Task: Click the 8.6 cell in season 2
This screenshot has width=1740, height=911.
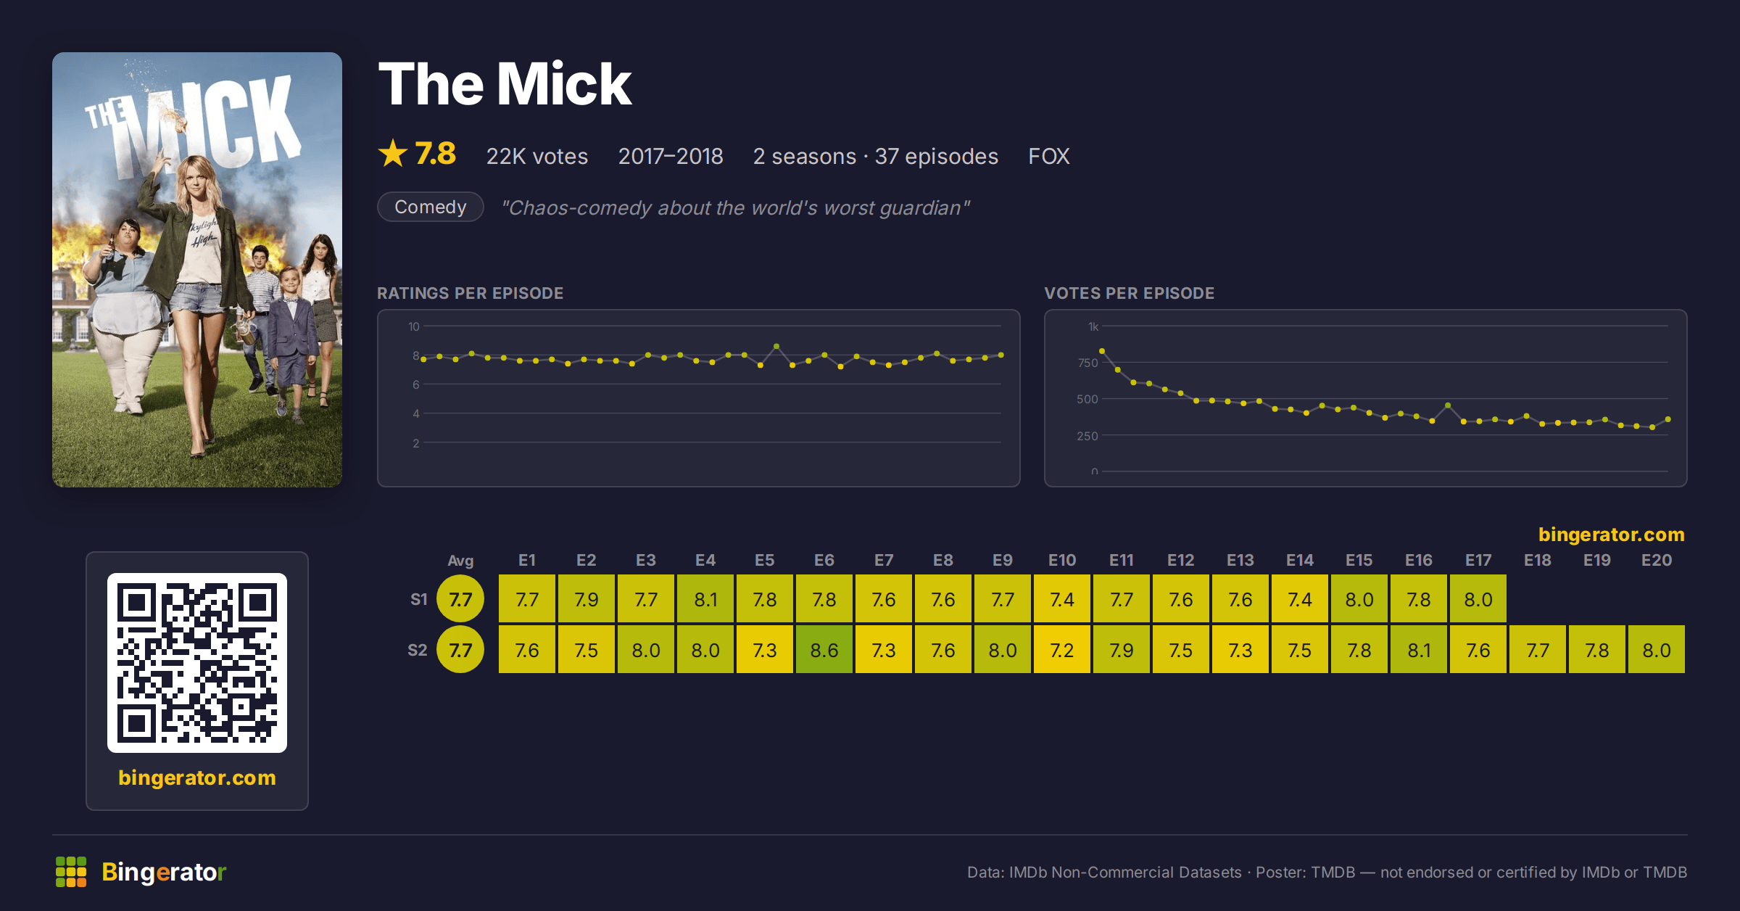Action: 824,650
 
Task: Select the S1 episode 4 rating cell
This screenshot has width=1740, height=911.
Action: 705,599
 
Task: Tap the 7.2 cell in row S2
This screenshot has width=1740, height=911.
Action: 1062,650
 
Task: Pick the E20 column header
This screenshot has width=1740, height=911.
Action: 1657,560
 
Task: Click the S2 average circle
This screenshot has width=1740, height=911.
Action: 460,649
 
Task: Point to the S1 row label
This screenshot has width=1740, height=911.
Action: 419,599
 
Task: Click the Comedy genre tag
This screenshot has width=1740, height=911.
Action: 431,207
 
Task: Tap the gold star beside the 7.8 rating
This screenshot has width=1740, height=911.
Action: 393,153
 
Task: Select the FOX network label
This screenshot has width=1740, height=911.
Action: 1049,156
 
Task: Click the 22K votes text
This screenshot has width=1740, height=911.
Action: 537,156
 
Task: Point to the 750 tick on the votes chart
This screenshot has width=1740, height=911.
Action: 1087,363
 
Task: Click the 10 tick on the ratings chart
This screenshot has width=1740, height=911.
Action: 414,326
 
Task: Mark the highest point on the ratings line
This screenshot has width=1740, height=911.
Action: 776,346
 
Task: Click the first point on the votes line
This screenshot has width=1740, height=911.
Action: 1102,351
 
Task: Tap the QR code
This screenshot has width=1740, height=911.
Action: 197,663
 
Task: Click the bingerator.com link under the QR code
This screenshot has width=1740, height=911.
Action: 197,778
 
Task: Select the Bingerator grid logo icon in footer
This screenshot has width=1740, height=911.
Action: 71,872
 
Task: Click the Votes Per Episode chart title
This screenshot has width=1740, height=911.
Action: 1130,293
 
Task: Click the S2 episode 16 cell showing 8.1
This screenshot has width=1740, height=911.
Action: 1419,650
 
